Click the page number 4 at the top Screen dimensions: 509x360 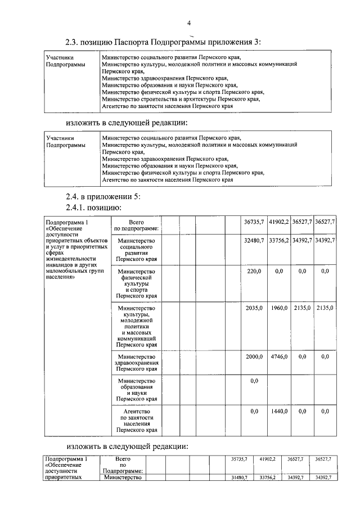pos(190,23)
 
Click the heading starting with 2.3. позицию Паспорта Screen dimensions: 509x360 pos(163,42)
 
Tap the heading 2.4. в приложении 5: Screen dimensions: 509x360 pos(98,196)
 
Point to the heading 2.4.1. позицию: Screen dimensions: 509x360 pos(93,208)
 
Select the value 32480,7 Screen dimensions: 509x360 pos(254,241)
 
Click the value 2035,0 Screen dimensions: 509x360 pos(254,308)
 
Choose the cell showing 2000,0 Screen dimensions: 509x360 pos(254,357)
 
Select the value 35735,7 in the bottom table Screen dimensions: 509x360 pos(239,460)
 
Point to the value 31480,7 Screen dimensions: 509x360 pos(239,478)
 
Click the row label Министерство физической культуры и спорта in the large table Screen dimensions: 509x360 pos(137,283)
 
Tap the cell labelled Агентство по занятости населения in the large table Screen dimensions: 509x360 pos(137,421)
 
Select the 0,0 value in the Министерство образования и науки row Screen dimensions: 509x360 pos(254,381)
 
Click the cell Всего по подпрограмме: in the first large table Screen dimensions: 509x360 pos(137,226)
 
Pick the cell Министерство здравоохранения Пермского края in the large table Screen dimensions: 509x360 pos(137,363)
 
